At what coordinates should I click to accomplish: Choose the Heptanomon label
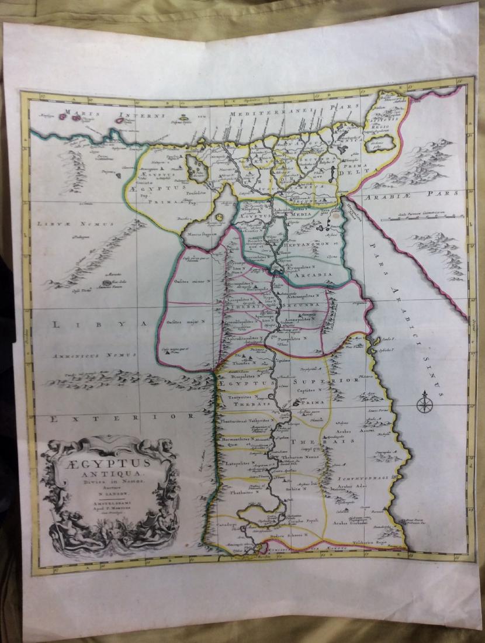(318, 241)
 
